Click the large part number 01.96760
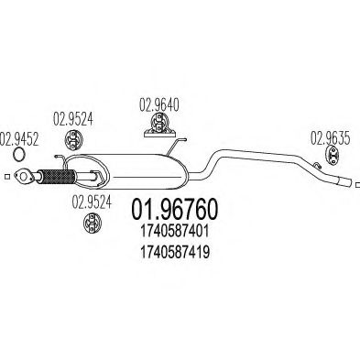click(180, 213)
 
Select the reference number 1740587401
click(180, 235)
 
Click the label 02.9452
click(17, 138)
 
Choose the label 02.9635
click(330, 138)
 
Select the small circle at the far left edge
click(6, 177)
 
